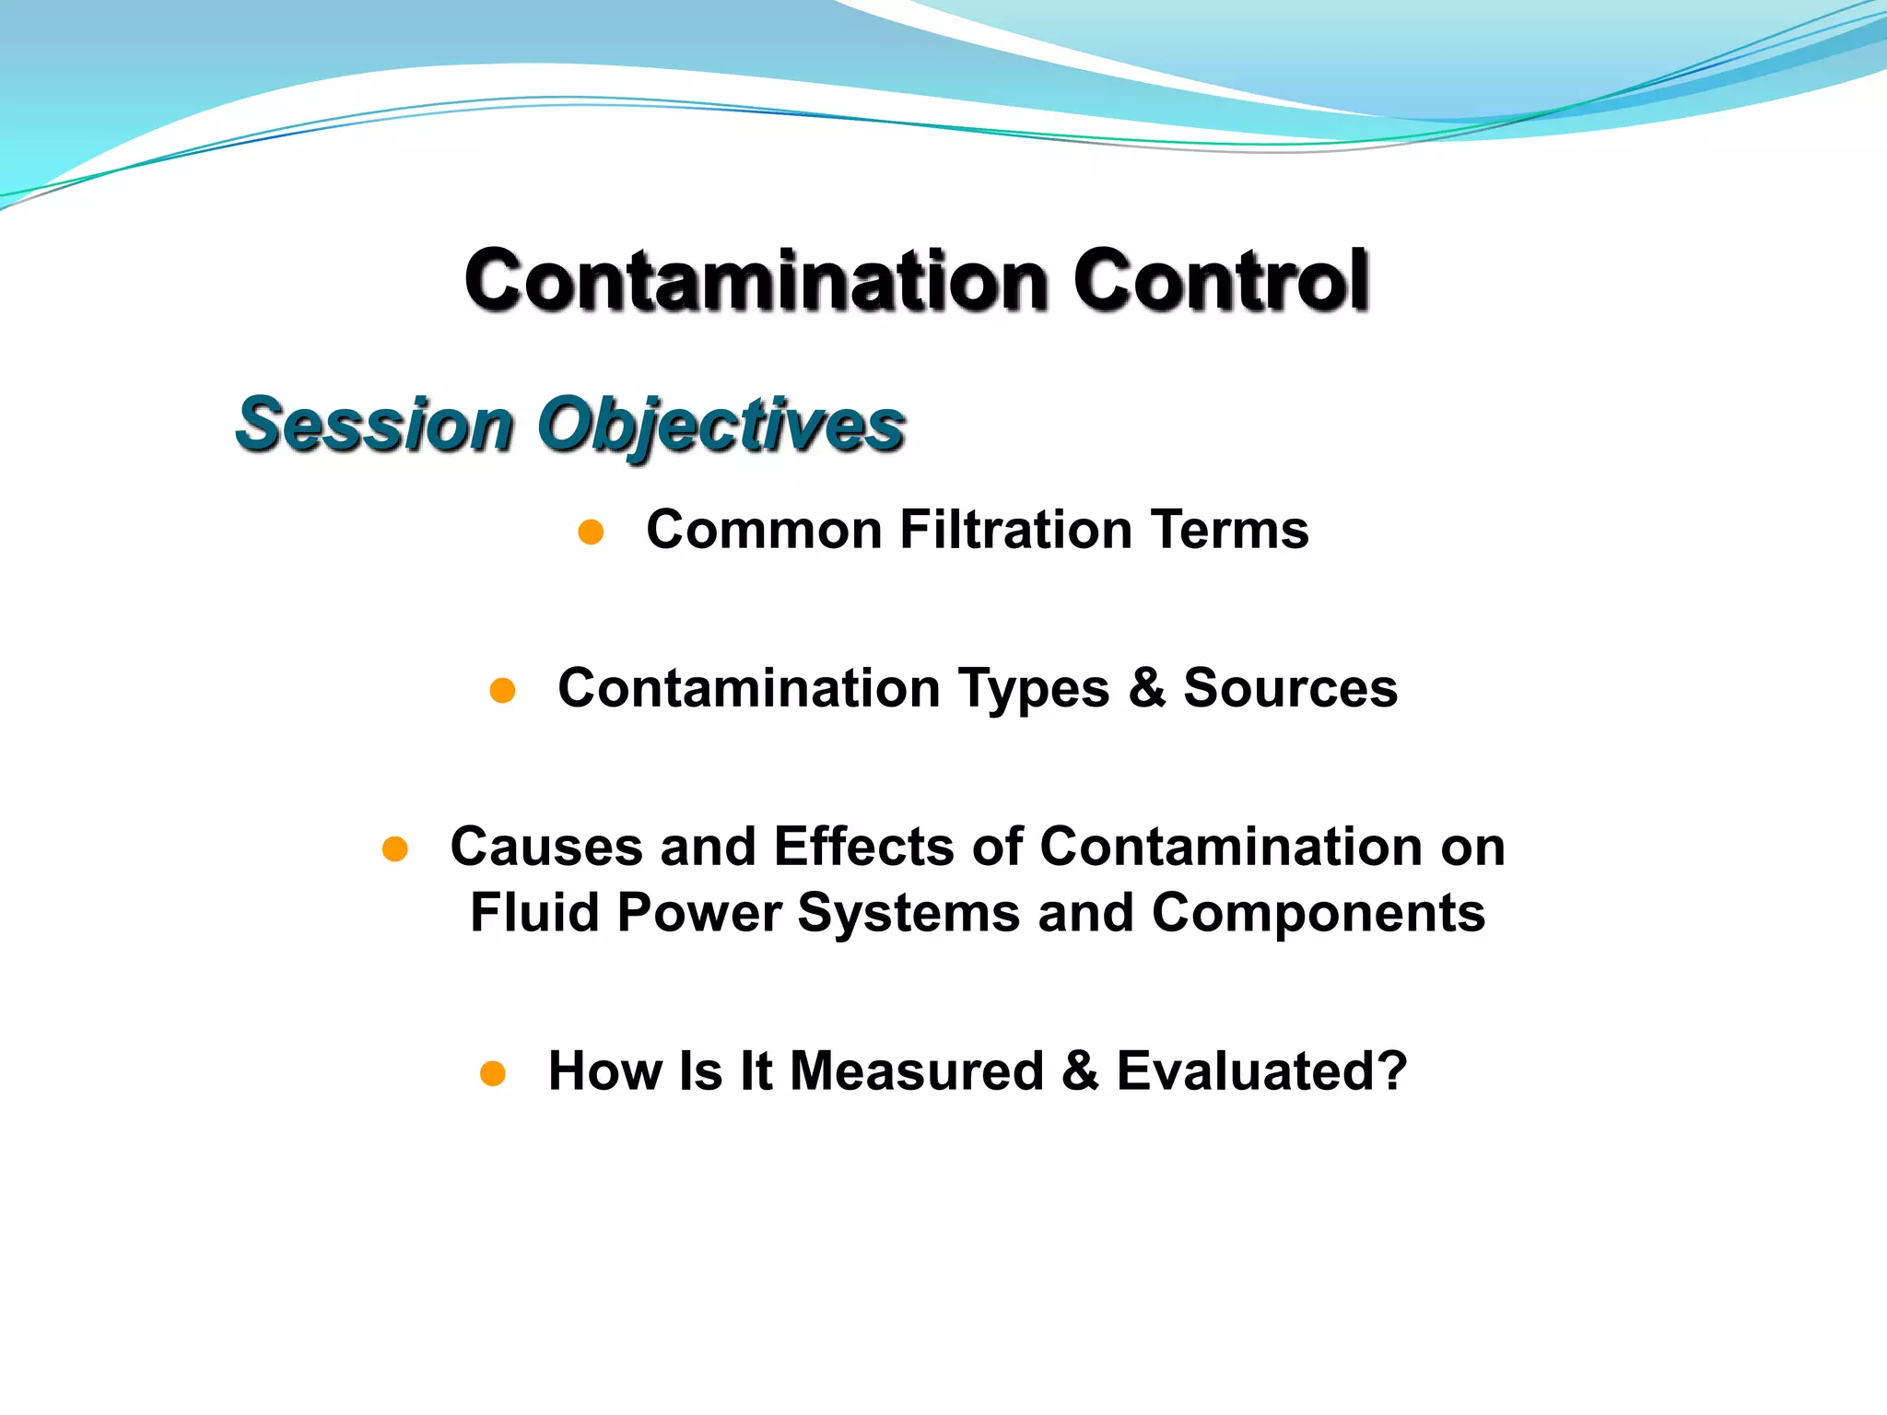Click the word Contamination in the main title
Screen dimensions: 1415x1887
(x=756, y=280)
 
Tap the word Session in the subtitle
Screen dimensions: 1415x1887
(x=374, y=425)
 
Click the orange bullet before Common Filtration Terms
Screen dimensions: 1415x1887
(x=591, y=532)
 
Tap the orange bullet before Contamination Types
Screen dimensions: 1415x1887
(x=502, y=690)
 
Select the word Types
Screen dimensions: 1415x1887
(x=1034, y=689)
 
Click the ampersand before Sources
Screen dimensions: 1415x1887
(x=1146, y=688)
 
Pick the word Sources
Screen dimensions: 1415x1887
(x=1290, y=688)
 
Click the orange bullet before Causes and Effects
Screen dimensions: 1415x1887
(x=394, y=848)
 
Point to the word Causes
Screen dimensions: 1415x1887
(x=545, y=847)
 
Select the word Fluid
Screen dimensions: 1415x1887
(x=534, y=913)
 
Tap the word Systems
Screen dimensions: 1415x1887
(x=908, y=913)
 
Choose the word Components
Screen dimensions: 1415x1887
(x=1318, y=913)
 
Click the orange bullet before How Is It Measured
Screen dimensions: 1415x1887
(x=493, y=1073)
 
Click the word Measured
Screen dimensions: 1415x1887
(x=917, y=1071)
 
